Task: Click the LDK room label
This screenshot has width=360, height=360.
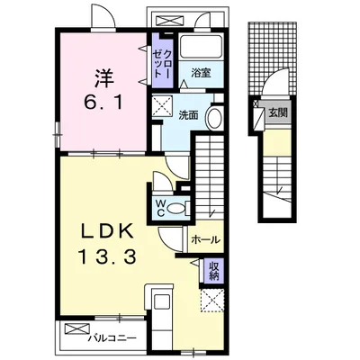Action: (x=107, y=232)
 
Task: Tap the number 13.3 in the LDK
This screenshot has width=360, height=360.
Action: (x=107, y=257)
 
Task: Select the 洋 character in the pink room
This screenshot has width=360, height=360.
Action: (x=103, y=78)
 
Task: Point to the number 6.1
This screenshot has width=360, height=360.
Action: (x=103, y=103)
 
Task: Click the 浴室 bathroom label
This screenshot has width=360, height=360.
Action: (x=201, y=73)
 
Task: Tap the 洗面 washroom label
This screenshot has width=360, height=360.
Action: (x=188, y=115)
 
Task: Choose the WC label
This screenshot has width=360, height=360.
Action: (x=160, y=208)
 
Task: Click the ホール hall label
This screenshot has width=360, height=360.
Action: (x=206, y=239)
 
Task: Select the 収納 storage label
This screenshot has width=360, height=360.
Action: (x=213, y=271)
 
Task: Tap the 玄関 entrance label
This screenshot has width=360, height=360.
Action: (x=278, y=112)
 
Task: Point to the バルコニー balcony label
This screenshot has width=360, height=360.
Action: (x=110, y=338)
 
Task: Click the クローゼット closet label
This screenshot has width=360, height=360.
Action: (x=163, y=64)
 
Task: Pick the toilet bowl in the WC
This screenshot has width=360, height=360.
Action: (x=176, y=208)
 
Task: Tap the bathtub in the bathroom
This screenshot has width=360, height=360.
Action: (x=201, y=46)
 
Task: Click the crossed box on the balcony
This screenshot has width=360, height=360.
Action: (x=77, y=328)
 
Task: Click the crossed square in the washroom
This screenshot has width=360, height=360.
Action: (x=162, y=106)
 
